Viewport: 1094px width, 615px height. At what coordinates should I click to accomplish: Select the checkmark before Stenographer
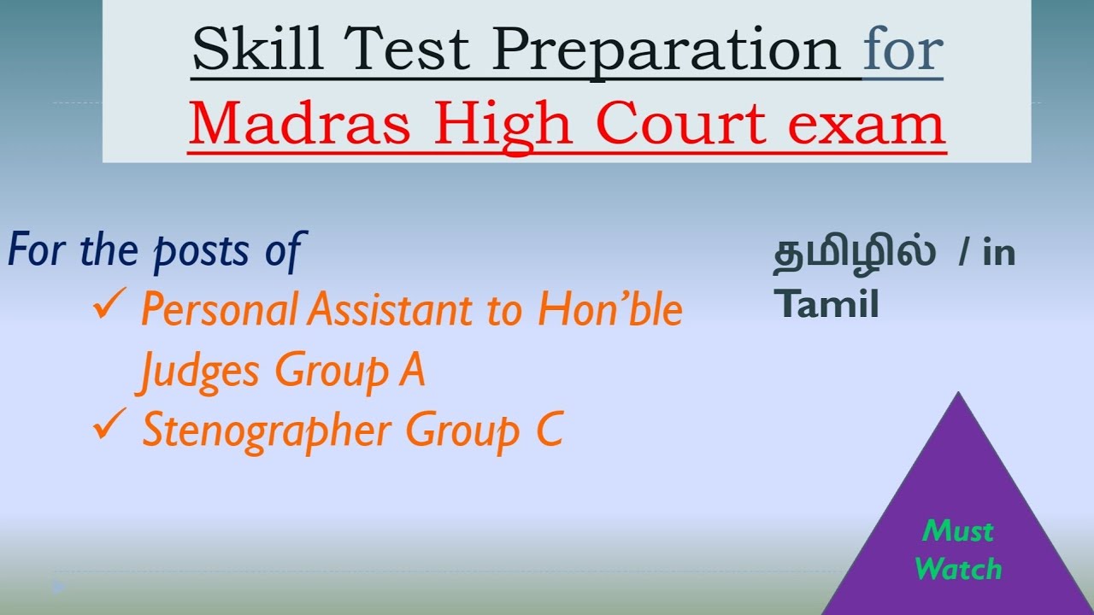tap(111, 427)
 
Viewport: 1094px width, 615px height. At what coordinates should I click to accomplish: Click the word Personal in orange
tap(220, 309)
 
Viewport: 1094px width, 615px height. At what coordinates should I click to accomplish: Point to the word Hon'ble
tap(610, 309)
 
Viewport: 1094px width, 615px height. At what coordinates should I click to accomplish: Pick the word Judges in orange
tap(197, 372)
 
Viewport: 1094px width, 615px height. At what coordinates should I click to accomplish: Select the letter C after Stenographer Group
tap(550, 430)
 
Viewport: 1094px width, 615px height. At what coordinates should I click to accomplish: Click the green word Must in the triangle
tap(958, 532)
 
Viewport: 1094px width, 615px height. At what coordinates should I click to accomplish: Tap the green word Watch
tap(958, 568)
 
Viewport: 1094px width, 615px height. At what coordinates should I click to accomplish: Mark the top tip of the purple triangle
tap(958, 394)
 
